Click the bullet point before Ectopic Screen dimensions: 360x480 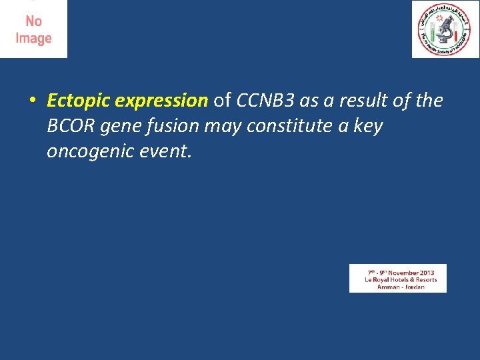pos(32,101)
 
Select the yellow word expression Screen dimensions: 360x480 pos(161,101)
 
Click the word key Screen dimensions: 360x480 pos(367,127)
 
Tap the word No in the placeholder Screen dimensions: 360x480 pos(33,22)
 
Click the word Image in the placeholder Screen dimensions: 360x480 pos(33,39)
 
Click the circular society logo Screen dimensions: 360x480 pos(445,29)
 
